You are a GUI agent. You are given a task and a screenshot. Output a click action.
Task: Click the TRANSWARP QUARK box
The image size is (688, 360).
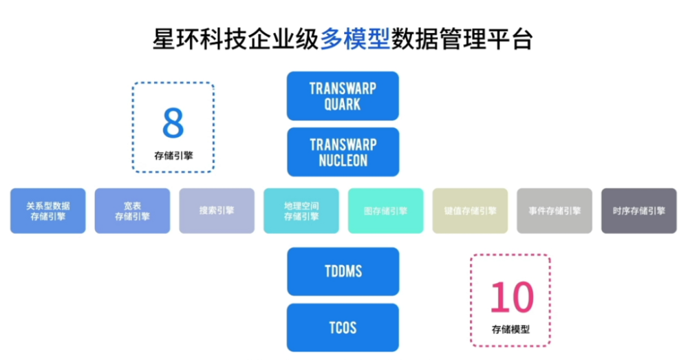[x=343, y=96]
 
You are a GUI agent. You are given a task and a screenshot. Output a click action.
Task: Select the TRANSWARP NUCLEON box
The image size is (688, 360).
[x=343, y=152]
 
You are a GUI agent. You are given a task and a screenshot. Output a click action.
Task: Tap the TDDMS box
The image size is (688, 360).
[x=343, y=271]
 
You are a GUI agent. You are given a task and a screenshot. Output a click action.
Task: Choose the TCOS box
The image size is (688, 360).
[x=343, y=328]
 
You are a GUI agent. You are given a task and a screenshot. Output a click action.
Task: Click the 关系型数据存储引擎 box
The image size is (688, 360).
[x=48, y=211]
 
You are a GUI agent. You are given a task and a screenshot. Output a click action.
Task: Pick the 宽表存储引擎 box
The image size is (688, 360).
[x=133, y=211]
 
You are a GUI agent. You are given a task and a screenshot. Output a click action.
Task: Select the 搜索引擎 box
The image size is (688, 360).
[x=217, y=211]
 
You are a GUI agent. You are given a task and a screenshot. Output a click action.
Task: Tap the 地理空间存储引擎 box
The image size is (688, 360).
[x=301, y=211]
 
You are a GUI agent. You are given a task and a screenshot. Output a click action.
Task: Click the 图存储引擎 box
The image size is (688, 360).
[x=386, y=211]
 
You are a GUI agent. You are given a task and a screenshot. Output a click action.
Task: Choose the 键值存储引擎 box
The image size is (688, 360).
[x=470, y=211]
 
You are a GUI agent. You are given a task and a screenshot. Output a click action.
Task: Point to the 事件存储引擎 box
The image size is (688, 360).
[x=555, y=211]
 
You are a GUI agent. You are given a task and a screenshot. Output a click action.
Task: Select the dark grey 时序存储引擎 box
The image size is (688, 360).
[x=639, y=211]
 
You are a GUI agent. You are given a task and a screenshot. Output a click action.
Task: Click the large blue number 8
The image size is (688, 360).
[x=173, y=123]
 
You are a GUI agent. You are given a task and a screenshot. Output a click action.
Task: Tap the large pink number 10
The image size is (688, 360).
[x=512, y=297]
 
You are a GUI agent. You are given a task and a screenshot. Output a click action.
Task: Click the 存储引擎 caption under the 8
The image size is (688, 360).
[x=174, y=156]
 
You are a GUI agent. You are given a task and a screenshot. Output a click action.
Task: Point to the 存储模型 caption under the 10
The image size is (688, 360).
[x=510, y=329]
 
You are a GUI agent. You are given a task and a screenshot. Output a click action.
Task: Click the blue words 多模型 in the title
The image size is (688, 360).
[x=356, y=39]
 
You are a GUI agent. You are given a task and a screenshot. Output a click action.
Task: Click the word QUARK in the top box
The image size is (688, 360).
[x=343, y=105]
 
